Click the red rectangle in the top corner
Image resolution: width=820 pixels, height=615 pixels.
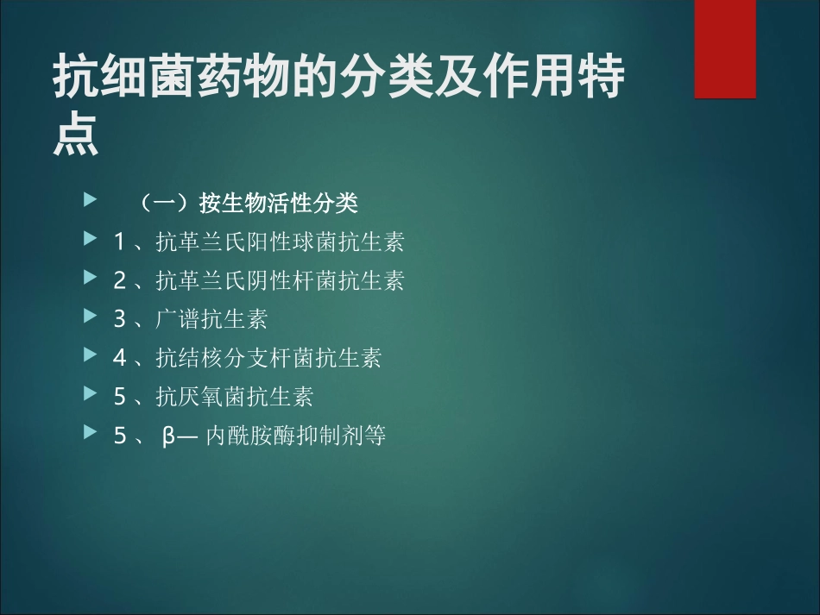725,49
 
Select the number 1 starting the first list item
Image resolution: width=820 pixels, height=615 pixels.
120,242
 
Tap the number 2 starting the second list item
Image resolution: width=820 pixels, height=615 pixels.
120,280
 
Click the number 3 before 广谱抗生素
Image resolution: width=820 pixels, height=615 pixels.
120,319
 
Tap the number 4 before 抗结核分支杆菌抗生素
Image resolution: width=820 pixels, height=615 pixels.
120,357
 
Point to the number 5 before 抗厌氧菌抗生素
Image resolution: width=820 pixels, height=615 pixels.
120,396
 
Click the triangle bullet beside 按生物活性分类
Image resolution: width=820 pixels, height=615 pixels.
89,201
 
